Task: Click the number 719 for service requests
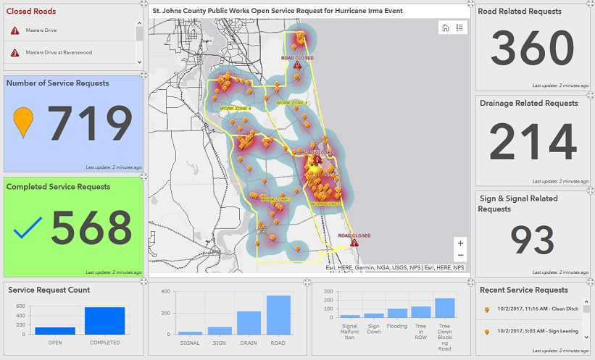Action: [91, 124]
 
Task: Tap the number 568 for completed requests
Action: [91, 228]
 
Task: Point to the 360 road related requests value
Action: [532, 48]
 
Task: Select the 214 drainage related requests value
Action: [532, 142]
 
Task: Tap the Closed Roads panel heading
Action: [31, 12]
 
